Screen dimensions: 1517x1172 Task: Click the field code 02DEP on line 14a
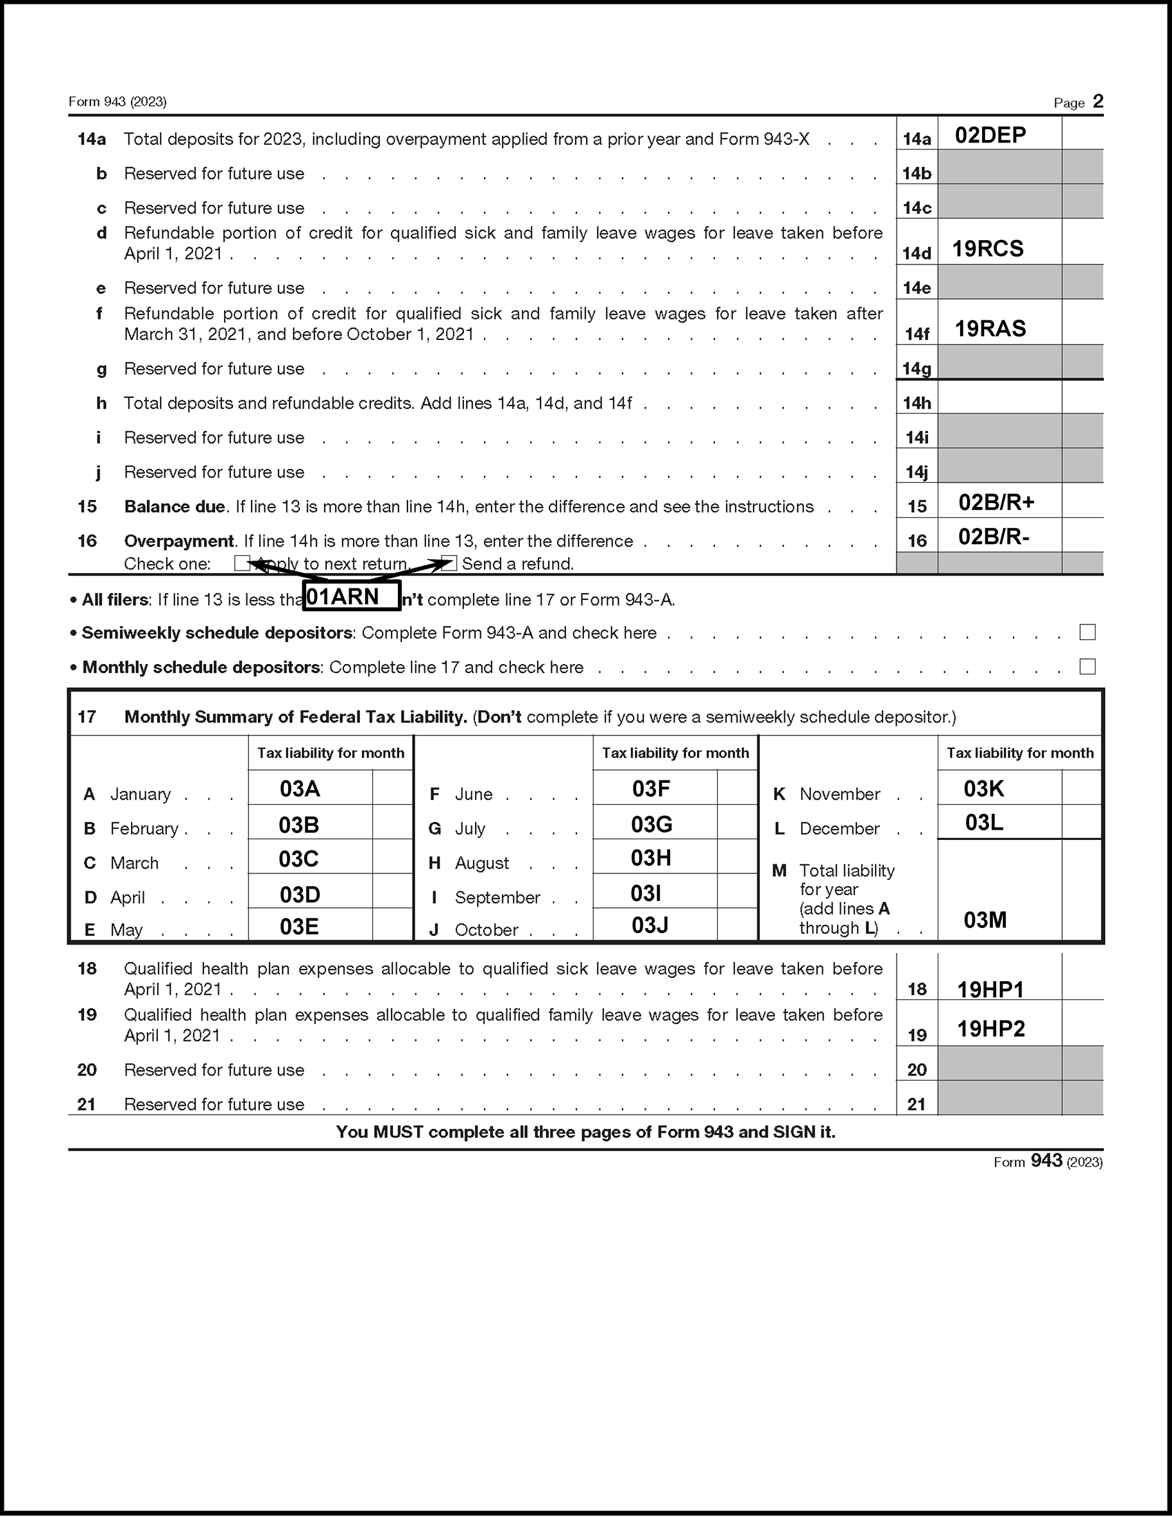click(990, 135)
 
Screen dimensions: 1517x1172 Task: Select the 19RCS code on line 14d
click(987, 249)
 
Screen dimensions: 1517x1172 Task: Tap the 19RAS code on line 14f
click(989, 329)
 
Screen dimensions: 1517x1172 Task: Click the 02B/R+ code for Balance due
click(996, 502)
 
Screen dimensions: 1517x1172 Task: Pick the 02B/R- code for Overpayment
click(994, 536)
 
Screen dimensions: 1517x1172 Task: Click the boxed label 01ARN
click(352, 597)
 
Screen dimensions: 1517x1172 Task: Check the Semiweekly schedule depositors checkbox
click(1087, 632)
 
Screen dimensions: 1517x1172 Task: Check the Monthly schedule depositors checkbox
click(1087, 667)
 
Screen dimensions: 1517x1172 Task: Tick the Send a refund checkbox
click(449, 563)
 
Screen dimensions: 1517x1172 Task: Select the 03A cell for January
click(300, 789)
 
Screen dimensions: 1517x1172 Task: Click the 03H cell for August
click(650, 858)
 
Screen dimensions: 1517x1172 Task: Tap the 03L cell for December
click(984, 823)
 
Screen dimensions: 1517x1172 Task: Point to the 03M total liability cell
click(985, 920)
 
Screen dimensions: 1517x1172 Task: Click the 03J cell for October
click(650, 925)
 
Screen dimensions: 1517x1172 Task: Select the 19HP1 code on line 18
click(990, 989)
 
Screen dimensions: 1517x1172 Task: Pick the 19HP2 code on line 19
click(990, 1029)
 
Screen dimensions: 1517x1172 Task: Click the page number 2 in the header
click(1098, 101)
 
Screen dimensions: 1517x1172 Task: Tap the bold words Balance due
click(175, 506)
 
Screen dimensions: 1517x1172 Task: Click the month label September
click(497, 897)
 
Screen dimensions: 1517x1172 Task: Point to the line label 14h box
click(917, 403)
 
